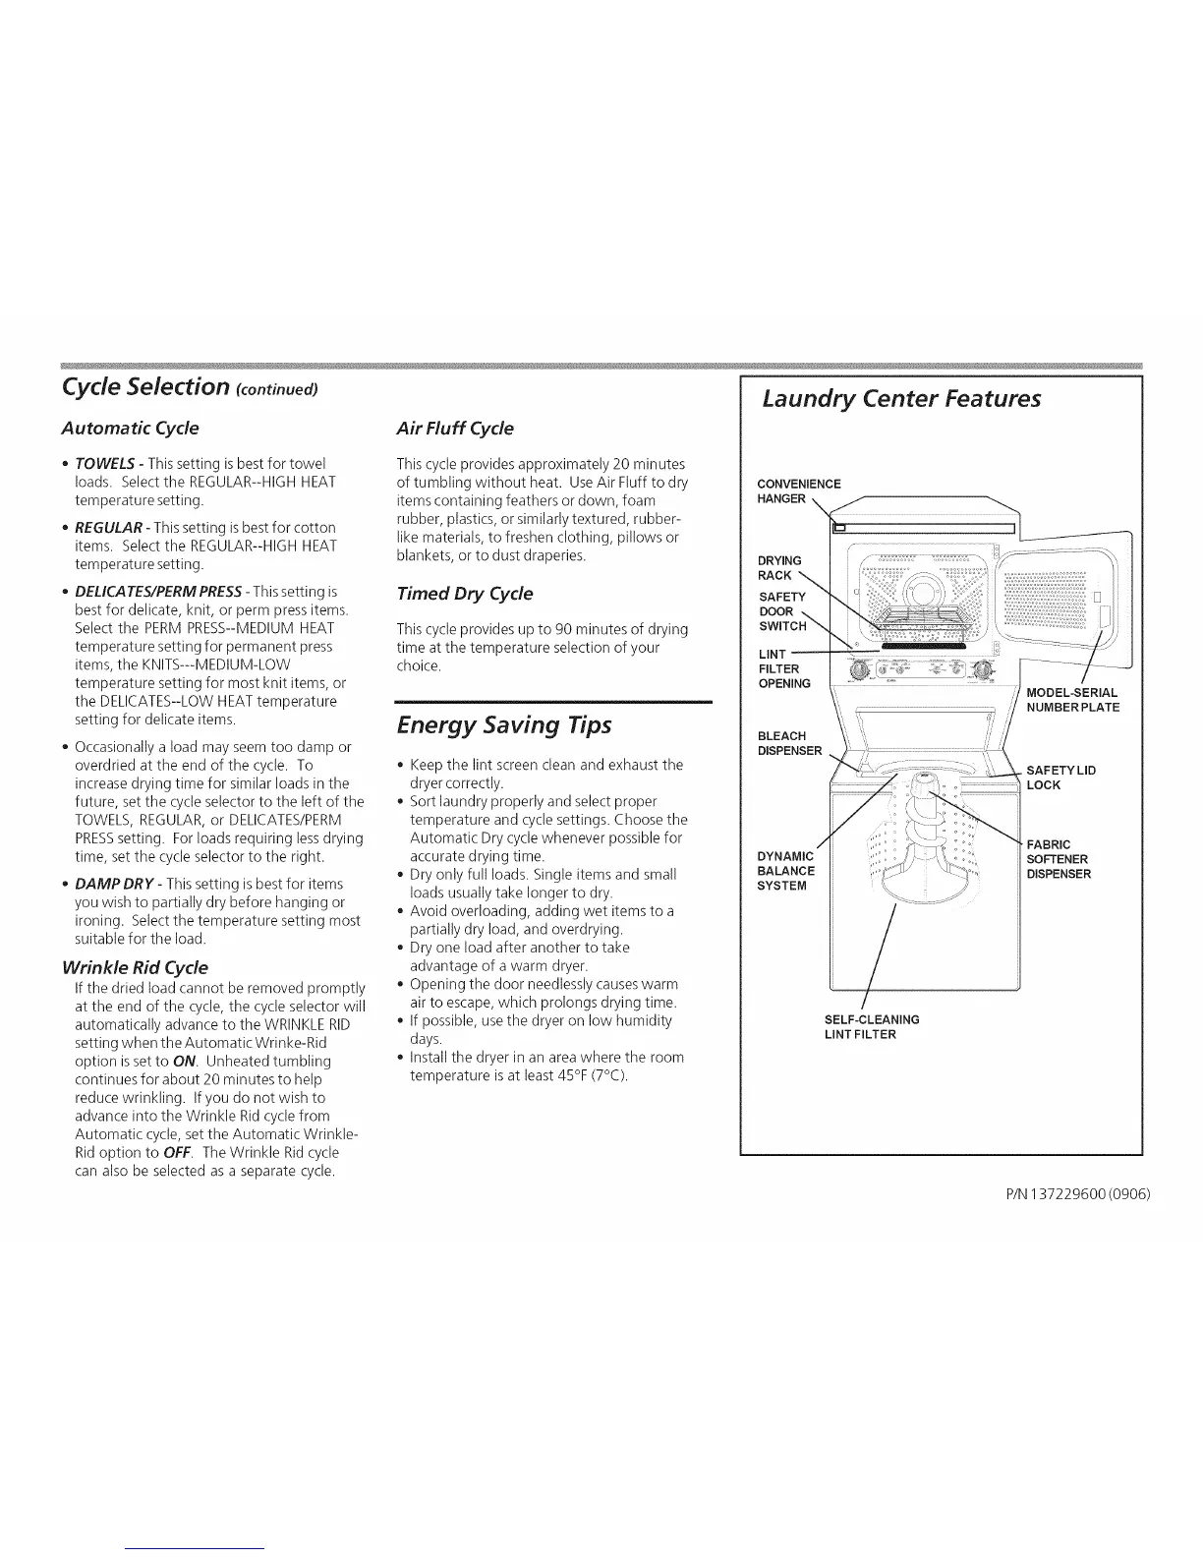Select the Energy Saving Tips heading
[x=503, y=725]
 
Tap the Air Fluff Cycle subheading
[x=454, y=429]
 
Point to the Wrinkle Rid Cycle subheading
[x=135, y=966]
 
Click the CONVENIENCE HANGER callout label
[x=798, y=490]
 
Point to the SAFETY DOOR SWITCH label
[x=782, y=611]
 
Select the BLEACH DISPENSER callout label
[x=788, y=743]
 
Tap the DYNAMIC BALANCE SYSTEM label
[x=786, y=870]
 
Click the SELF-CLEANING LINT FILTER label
[x=872, y=1026]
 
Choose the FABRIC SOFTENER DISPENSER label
[x=1059, y=859]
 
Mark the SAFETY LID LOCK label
[x=1060, y=778]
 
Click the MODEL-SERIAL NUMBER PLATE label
[x=1071, y=700]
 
